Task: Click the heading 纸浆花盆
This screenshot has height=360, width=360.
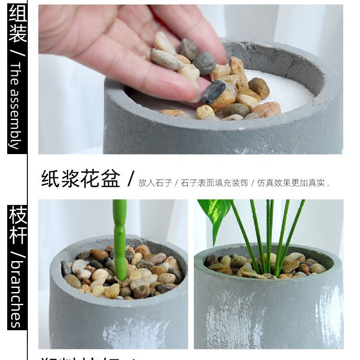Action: tap(81, 178)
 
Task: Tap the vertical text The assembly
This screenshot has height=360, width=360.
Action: tap(17, 106)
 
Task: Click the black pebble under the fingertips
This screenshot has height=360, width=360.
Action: tap(214, 91)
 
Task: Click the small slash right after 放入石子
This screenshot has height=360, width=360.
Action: tap(176, 183)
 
